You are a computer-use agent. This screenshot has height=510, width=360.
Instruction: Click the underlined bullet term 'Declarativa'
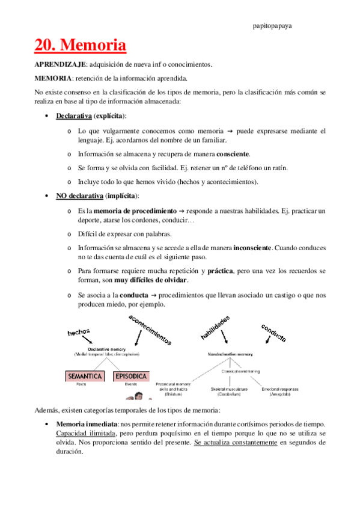(74, 115)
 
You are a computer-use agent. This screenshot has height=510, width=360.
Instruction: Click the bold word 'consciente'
(233, 153)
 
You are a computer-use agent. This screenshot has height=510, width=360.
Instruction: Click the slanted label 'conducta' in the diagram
(273, 333)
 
